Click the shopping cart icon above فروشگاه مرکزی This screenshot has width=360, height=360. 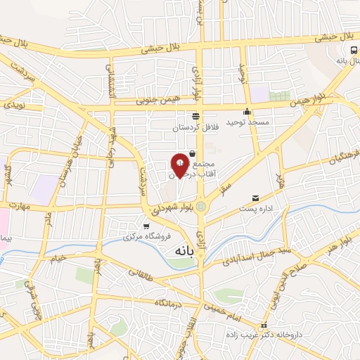point(146,226)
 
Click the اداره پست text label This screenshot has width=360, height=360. point(256,209)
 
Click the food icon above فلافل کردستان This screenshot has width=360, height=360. point(195,117)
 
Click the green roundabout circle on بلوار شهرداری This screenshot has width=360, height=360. point(202,207)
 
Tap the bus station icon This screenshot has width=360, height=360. point(352,50)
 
